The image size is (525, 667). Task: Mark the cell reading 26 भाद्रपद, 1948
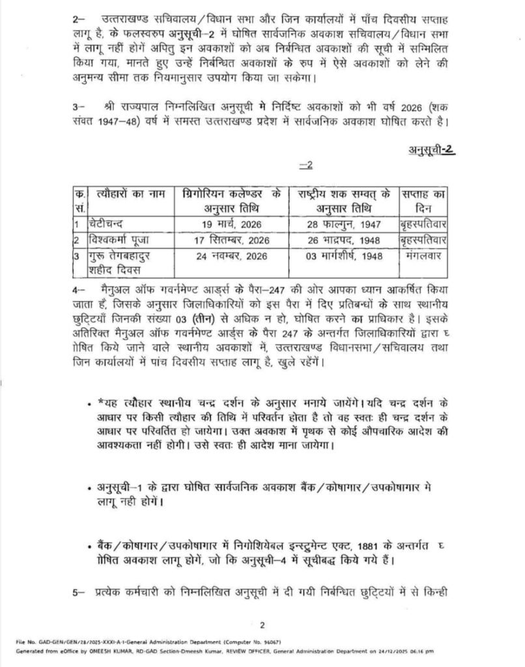tap(343, 240)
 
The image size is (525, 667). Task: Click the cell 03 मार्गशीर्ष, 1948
tap(343, 257)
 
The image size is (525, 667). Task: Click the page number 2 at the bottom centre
tap(261, 626)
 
